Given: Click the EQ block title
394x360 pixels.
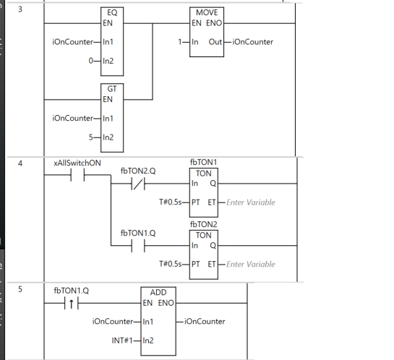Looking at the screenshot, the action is (112, 12).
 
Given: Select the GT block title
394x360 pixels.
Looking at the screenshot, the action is (112, 89).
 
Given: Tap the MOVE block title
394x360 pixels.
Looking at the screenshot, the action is (207, 12).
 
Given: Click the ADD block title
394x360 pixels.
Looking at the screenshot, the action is (158, 293).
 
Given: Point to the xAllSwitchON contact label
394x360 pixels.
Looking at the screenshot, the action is (77, 163).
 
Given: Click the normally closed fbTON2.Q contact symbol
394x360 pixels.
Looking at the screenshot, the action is (138, 184).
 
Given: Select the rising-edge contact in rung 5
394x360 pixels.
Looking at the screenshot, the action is (72, 303).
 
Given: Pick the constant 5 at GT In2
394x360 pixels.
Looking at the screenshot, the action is (90, 137).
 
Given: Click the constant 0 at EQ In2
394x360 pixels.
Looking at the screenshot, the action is (90, 61).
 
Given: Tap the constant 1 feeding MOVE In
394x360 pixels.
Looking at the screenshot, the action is (180, 42).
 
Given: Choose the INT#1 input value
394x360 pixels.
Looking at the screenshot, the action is (122, 340).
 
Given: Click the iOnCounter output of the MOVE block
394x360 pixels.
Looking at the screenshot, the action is (253, 42).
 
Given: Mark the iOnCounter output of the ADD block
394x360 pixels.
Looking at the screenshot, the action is (205, 322).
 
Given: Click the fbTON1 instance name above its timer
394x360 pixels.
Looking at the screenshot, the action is (204, 162).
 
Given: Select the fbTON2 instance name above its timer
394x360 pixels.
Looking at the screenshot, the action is (204, 224).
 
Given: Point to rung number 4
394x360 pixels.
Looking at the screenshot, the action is (20, 163).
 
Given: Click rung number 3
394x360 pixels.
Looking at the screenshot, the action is (20, 9).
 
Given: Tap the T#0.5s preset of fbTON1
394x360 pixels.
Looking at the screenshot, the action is (171, 202).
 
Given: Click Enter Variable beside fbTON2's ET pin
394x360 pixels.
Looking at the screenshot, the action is (251, 265).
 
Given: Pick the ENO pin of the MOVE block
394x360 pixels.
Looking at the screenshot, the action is (214, 23).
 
